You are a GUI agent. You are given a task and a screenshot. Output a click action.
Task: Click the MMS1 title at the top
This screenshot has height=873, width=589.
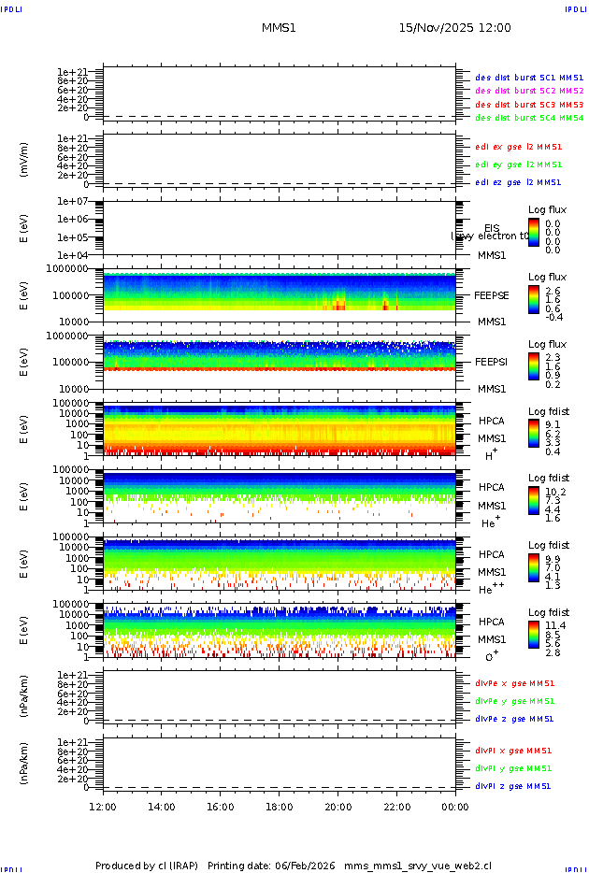(x=279, y=28)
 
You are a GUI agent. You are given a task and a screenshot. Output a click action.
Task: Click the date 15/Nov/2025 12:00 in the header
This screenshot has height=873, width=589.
(x=454, y=28)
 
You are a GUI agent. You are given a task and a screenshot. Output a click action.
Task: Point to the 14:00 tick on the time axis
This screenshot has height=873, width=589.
(x=162, y=807)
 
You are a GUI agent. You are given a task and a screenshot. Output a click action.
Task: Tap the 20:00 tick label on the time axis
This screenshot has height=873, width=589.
(x=338, y=807)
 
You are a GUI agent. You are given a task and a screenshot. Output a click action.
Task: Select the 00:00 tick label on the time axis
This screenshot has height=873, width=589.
(x=455, y=807)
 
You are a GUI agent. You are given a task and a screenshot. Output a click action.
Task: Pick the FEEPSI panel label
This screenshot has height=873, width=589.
(x=492, y=361)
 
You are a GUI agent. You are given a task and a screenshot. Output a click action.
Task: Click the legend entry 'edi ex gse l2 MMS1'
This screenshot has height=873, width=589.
(x=518, y=147)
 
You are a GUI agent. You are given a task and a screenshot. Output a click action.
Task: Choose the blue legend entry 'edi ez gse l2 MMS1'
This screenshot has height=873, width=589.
(x=518, y=182)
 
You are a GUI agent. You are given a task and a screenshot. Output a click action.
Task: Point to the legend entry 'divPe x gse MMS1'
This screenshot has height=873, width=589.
(x=514, y=683)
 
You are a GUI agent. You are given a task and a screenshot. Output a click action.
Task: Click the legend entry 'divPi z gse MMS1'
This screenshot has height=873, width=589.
(x=513, y=786)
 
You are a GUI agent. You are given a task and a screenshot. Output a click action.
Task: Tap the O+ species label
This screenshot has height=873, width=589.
(x=491, y=657)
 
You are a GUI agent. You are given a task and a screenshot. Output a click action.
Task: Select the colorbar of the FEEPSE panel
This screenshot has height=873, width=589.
(x=534, y=299)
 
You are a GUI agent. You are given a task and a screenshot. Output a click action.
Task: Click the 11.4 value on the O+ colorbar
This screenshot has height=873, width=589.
(x=553, y=625)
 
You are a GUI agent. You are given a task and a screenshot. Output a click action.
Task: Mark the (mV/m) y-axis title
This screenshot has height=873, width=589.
(x=24, y=160)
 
